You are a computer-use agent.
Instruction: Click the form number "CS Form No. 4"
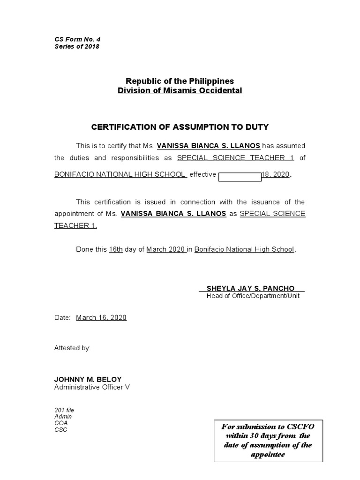click(x=74, y=39)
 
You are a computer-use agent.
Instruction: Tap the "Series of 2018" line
click(x=77, y=46)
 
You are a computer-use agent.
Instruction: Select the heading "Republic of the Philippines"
click(x=180, y=81)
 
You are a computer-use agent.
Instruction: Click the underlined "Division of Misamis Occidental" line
click(x=180, y=90)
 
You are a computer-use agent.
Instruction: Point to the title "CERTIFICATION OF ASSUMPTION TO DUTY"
click(x=180, y=127)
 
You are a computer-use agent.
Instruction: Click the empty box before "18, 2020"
click(x=240, y=177)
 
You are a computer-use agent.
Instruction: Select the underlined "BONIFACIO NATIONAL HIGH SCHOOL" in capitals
click(x=120, y=174)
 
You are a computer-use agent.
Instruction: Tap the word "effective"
click(x=202, y=174)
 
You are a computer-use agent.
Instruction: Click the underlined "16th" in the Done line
click(x=116, y=249)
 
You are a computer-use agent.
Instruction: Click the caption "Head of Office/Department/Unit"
click(x=253, y=296)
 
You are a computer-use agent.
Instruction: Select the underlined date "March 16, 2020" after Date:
click(x=101, y=317)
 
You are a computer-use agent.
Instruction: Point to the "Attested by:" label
click(x=73, y=348)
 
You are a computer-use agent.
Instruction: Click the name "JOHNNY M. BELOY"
click(x=88, y=379)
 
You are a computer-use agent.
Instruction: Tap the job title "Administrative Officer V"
click(x=92, y=387)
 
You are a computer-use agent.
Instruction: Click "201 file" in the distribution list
click(x=64, y=410)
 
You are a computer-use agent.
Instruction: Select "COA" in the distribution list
click(x=61, y=423)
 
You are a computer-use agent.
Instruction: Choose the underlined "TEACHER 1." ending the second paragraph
click(x=75, y=225)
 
